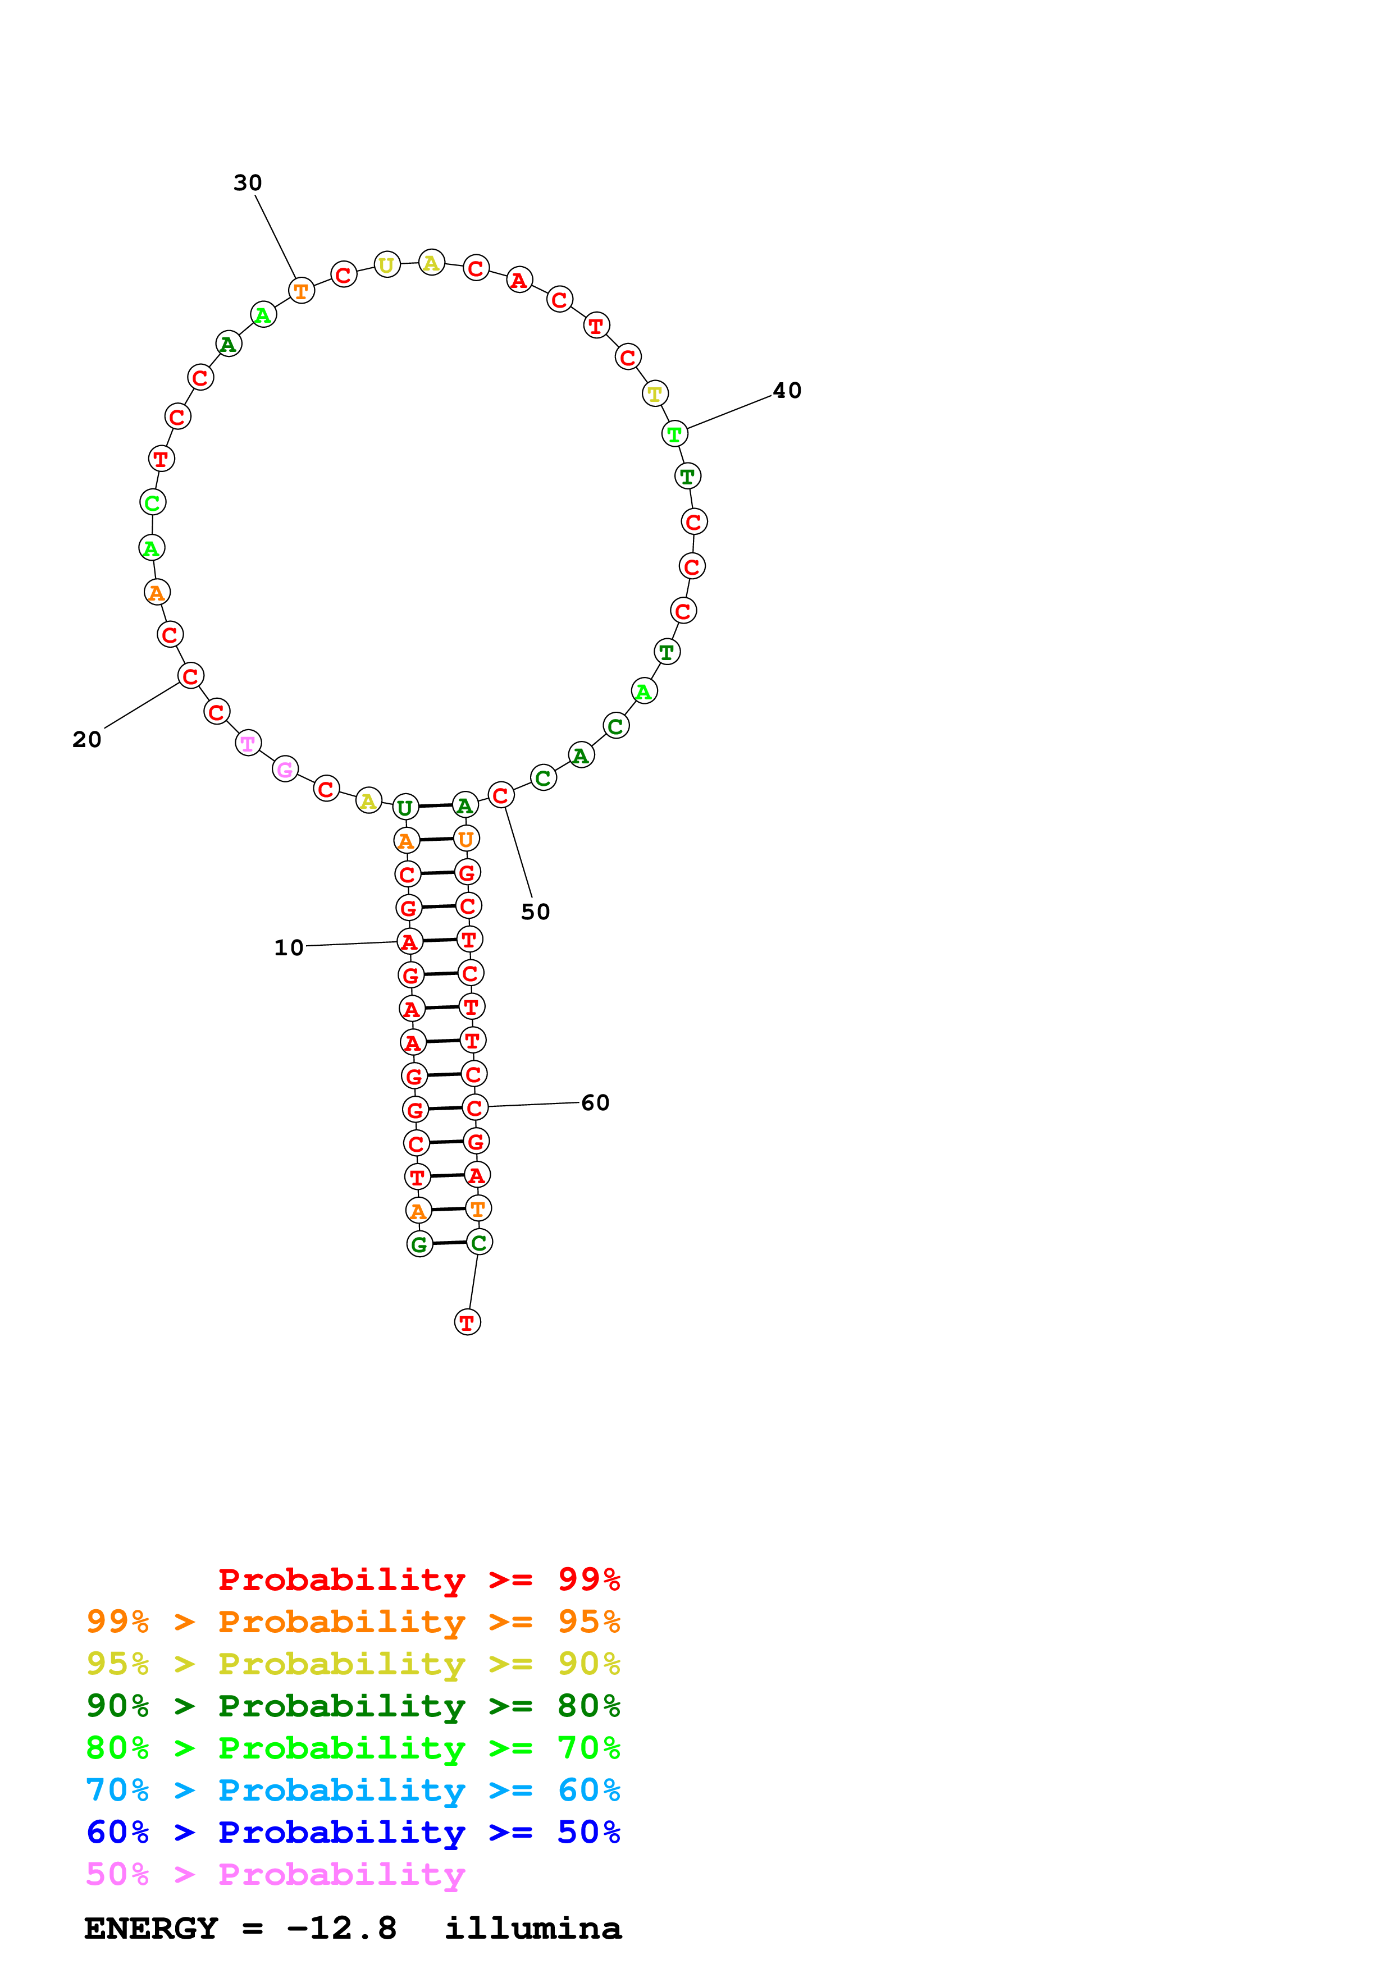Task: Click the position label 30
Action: (247, 182)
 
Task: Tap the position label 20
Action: (86, 739)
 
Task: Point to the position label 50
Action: (535, 912)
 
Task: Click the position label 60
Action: (595, 1103)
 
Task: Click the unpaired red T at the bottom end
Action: (467, 1322)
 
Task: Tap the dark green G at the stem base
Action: (419, 1244)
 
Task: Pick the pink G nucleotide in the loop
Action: (285, 770)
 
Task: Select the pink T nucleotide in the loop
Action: (248, 744)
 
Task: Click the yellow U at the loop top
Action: (387, 265)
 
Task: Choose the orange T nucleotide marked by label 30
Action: (301, 291)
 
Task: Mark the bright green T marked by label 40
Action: (674, 434)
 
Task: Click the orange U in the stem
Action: (465, 839)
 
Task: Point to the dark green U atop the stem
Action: (405, 807)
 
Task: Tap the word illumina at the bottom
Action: (533, 1929)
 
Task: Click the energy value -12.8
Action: (341, 1929)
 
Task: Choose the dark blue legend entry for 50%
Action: (353, 1832)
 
